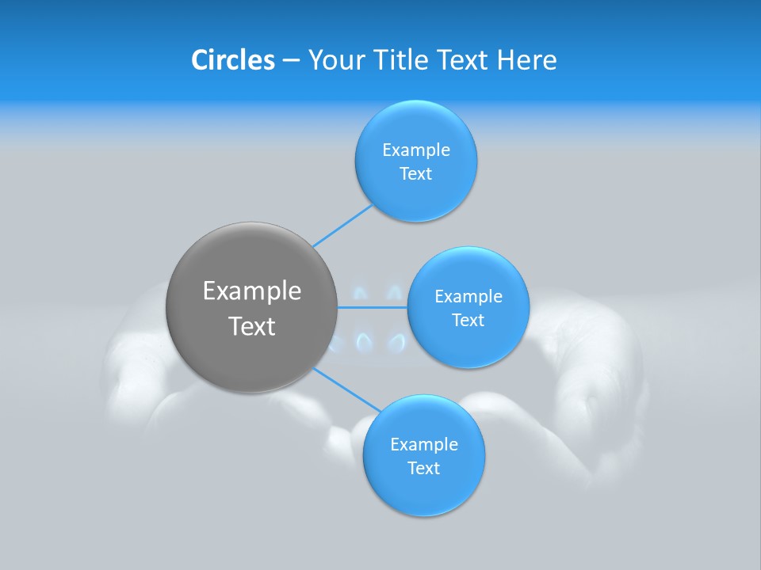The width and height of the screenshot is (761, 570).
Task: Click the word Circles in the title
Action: coord(232,60)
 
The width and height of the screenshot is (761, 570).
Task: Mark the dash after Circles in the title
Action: coord(291,61)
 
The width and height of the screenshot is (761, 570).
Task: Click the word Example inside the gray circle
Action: coord(251,291)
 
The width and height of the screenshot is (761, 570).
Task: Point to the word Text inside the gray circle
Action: coord(251,326)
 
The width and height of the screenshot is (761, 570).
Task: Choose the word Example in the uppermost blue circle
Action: coord(415,150)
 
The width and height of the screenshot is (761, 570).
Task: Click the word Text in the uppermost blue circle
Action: coord(415,174)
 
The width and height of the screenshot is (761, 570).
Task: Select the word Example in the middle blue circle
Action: coord(468,297)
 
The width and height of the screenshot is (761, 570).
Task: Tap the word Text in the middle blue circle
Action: coord(468,321)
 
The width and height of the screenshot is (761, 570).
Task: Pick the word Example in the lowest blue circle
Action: coord(423,445)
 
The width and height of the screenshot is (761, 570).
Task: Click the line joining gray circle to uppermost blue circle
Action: coord(342,226)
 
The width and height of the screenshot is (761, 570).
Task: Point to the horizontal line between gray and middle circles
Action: coord(373,307)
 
